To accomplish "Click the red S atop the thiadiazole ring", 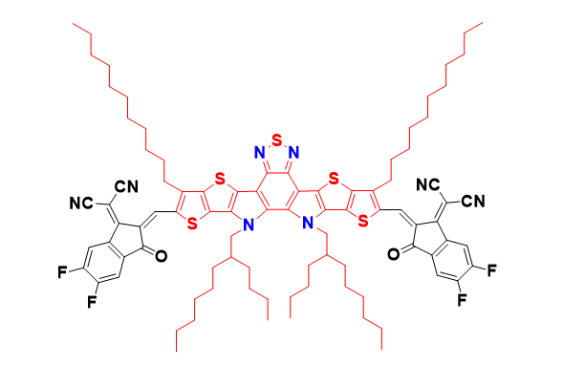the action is (276, 140).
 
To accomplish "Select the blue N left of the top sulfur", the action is (260, 153).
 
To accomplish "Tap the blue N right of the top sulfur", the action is (293, 153).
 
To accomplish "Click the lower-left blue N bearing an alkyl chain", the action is (249, 225).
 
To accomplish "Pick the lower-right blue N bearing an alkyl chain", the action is (308, 223).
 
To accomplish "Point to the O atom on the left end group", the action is (161, 256).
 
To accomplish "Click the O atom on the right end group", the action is (394, 254).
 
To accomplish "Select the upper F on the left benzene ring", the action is (62, 272).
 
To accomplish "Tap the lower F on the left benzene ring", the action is (93, 302).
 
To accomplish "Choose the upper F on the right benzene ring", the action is (492, 270).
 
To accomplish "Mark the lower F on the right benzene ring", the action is (462, 300).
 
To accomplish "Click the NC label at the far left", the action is (81, 204).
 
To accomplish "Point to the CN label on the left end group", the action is (126, 186).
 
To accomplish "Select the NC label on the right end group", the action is (428, 184).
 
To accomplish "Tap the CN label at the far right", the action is (473, 201).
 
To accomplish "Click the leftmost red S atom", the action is (192, 224).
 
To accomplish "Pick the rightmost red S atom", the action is (363, 222).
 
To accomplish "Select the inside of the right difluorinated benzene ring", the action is (452, 259).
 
